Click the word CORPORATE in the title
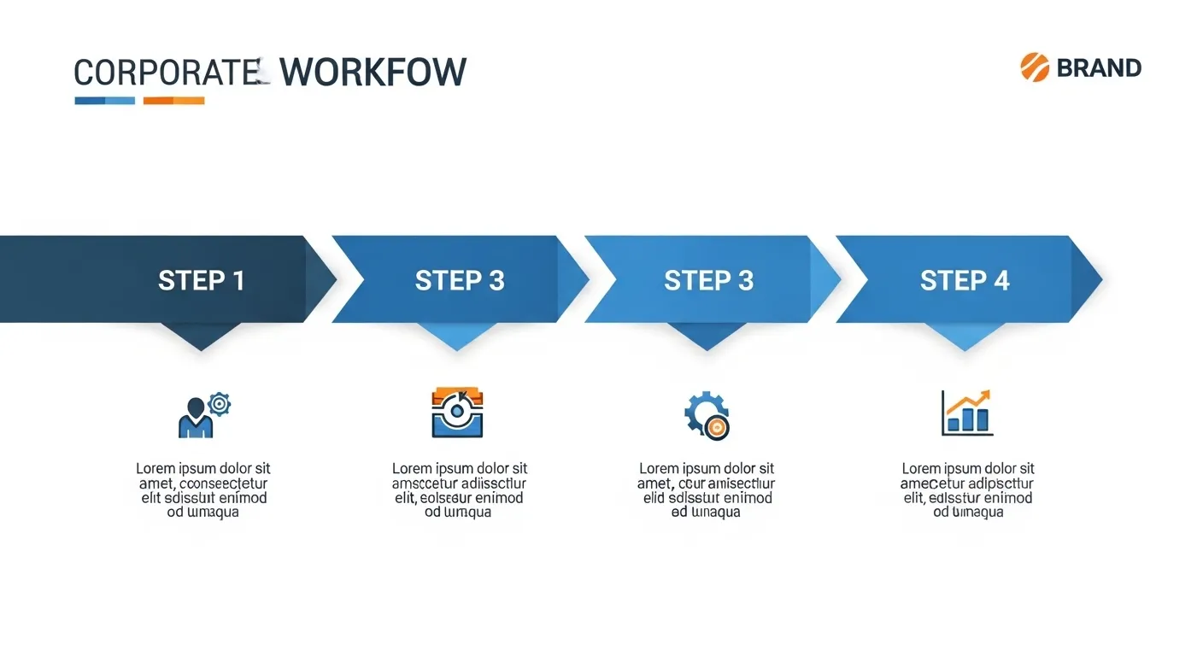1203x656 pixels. tap(167, 72)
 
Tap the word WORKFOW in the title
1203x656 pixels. tap(373, 72)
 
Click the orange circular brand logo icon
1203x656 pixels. tap(1035, 67)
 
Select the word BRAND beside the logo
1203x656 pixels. tap(1099, 67)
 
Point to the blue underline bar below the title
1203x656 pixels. tap(104, 101)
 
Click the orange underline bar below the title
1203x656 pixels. tap(173, 101)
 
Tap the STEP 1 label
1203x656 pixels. tap(202, 280)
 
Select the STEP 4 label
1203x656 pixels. tap(965, 280)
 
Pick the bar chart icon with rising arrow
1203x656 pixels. tap(967, 413)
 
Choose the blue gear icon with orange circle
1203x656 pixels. tap(706, 415)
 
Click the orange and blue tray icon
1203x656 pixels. tap(458, 413)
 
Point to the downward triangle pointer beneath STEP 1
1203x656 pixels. tap(202, 337)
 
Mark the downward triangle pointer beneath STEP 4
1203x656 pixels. tap(965, 337)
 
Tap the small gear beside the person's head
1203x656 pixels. tap(220, 402)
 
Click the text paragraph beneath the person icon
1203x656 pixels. tap(203, 490)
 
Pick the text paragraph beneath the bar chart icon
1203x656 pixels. tap(968, 490)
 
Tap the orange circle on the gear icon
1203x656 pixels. tap(718, 428)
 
